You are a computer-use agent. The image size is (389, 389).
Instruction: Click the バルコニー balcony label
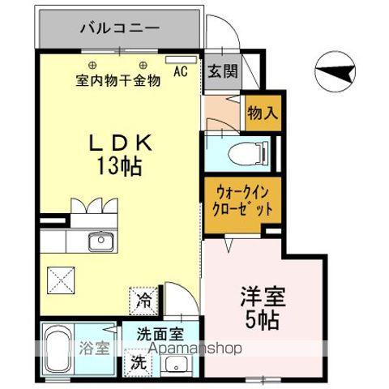tap(119, 30)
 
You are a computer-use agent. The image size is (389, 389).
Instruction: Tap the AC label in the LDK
tap(180, 71)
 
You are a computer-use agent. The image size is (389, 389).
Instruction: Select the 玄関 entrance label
tap(221, 71)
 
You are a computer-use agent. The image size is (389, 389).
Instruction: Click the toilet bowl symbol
tap(244, 154)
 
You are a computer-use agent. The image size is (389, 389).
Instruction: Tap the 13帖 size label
tap(118, 168)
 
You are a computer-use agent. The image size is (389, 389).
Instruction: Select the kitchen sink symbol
tap(102, 240)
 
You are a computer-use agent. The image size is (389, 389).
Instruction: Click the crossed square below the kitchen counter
tap(60, 281)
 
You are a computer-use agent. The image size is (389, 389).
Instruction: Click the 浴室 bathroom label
tap(94, 349)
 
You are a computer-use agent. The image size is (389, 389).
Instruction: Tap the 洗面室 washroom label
tap(160, 332)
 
